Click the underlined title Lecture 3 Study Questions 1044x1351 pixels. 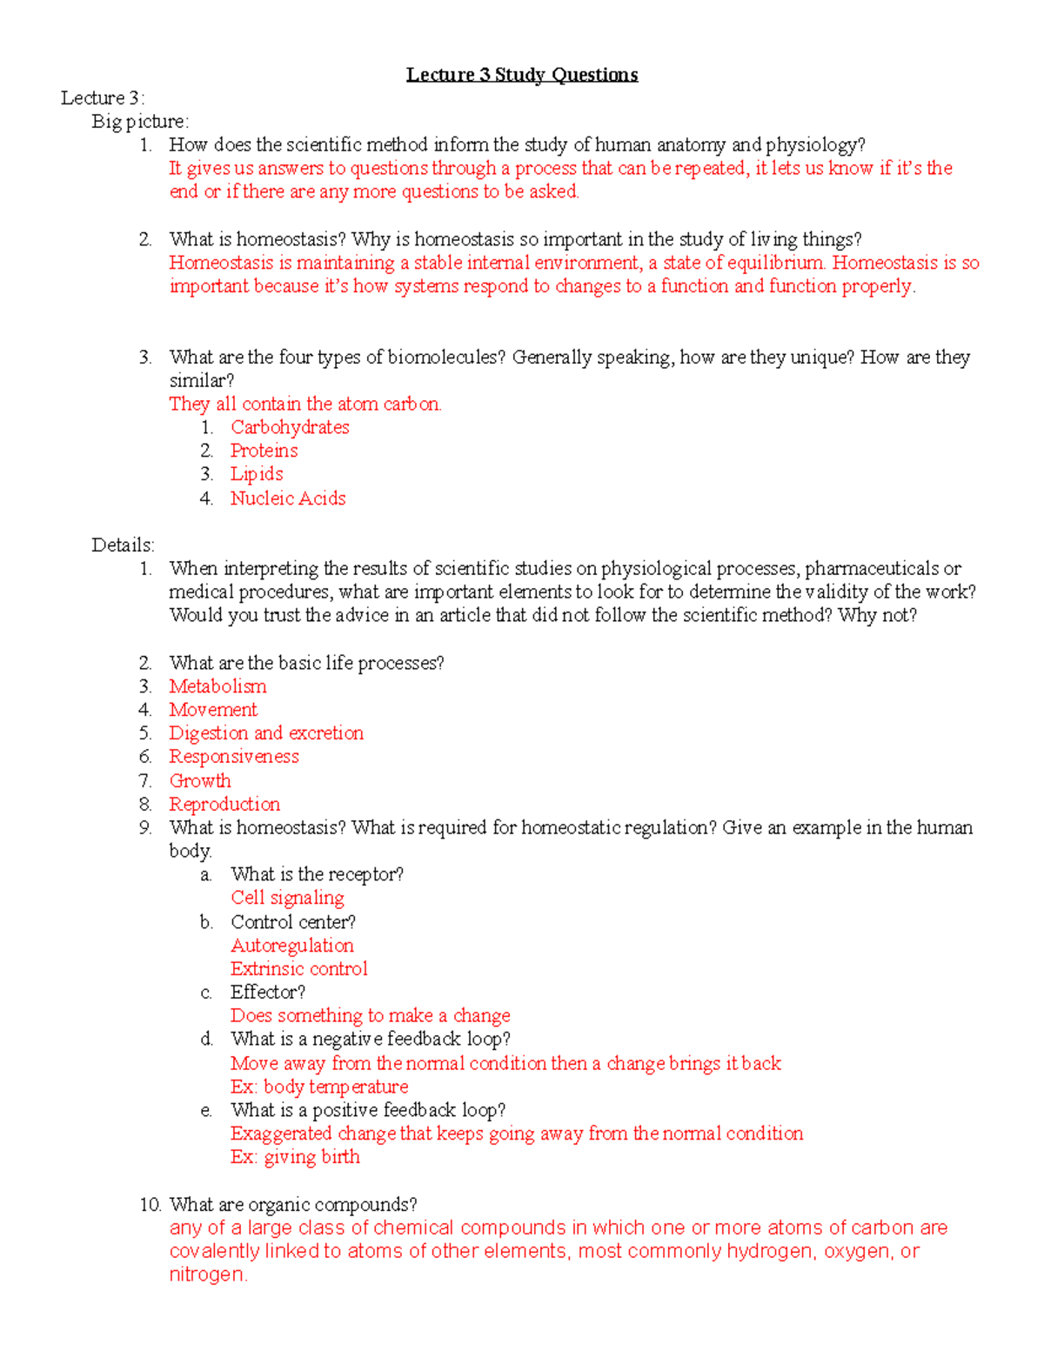click(x=522, y=75)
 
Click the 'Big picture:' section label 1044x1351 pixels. click(x=140, y=122)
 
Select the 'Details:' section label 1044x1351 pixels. click(x=124, y=545)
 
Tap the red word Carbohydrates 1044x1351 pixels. click(x=290, y=427)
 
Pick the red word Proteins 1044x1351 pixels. click(x=264, y=451)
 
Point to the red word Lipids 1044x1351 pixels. click(x=257, y=474)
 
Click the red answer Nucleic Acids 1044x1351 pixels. click(x=288, y=498)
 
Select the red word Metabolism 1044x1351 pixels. click(x=217, y=686)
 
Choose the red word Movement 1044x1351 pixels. click(x=213, y=710)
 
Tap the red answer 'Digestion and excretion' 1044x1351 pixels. click(x=266, y=733)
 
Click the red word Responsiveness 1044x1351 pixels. click(x=234, y=757)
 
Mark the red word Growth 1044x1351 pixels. click(x=200, y=781)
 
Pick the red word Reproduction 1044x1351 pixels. click(x=224, y=805)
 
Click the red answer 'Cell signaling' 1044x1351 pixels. click(x=287, y=898)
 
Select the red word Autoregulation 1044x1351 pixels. click(x=292, y=946)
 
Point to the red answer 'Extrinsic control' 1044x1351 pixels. click(x=299, y=969)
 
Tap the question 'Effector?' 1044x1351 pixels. click(x=268, y=993)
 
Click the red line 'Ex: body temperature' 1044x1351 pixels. click(x=319, y=1087)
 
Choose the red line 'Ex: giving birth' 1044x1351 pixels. click(x=295, y=1157)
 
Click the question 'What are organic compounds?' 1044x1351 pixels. click(x=293, y=1205)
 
